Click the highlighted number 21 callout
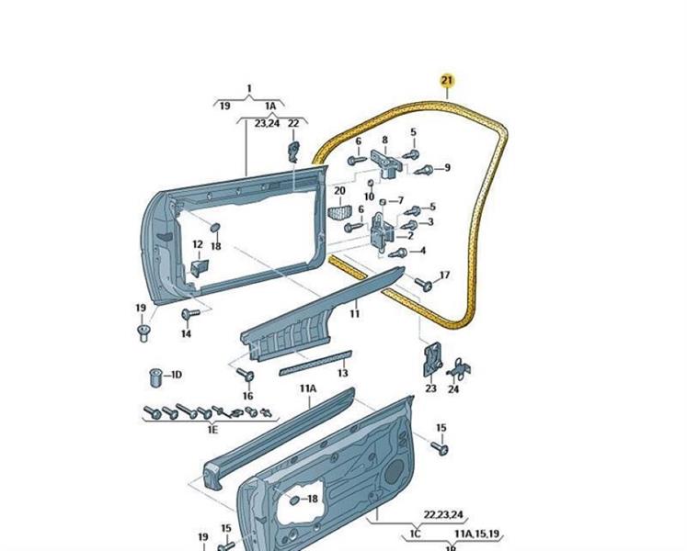pos(447,82)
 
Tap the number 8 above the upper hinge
pos(385,140)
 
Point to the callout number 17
pos(444,275)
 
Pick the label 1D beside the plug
pos(176,375)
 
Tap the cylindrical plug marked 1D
pos(155,377)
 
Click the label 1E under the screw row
pos(212,429)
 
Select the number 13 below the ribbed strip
pos(342,374)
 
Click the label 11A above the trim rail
pos(307,388)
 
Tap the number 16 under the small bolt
pos(247,396)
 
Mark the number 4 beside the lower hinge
pos(421,251)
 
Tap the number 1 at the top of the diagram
pos(248,89)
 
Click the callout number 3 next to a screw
pos(429,221)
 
